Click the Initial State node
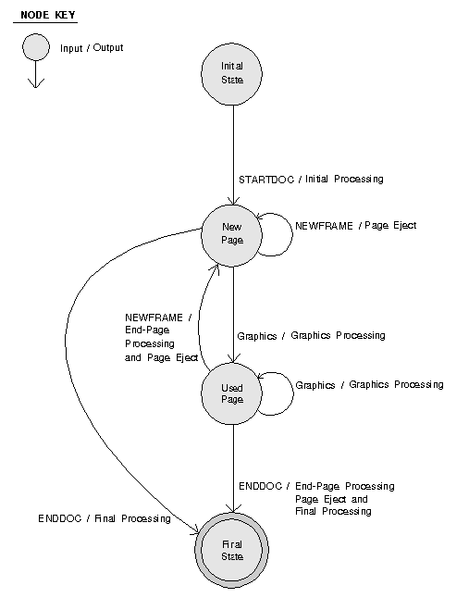tap(232, 74)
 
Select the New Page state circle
tap(232, 235)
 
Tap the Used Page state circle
tap(232, 394)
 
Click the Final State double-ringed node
tap(232, 550)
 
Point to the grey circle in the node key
tap(36, 47)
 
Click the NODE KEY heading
tap(48, 15)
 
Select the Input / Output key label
tap(91, 48)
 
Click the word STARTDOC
tap(266, 179)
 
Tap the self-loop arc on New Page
tap(293, 234)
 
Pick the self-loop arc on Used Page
tap(293, 394)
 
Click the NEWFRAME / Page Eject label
tap(356, 226)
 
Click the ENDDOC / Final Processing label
tap(104, 518)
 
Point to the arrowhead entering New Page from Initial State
tap(233, 201)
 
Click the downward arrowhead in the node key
tap(36, 83)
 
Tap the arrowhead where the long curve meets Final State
tap(194, 529)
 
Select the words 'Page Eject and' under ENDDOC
tap(331, 499)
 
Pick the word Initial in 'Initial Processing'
tap(316, 178)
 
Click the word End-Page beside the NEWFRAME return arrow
tap(147, 330)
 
